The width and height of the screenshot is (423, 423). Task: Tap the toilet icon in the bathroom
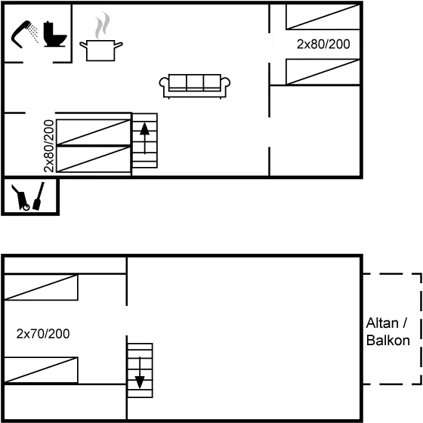(x=54, y=34)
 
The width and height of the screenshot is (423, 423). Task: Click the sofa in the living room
(x=195, y=86)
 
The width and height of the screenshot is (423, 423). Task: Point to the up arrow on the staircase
(x=144, y=138)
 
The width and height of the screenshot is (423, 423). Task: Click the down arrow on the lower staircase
(x=140, y=372)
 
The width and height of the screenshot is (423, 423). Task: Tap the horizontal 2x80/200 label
(x=323, y=45)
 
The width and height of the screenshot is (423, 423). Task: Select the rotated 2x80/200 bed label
(x=49, y=146)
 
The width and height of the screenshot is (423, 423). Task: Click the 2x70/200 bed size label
(x=43, y=334)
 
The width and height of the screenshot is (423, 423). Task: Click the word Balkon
(x=388, y=341)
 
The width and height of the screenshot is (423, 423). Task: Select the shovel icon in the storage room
(x=39, y=196)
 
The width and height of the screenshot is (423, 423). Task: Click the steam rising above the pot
(x=102, y=26)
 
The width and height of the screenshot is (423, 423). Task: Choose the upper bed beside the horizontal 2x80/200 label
(x=323, y=17)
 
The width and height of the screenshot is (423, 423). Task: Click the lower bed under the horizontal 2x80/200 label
(x=323, y=72)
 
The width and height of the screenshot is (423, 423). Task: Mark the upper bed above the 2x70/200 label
(x=41, y=287)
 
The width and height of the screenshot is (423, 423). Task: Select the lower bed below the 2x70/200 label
(x=41, y=370)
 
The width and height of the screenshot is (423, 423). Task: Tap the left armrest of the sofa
(x=163, y=82)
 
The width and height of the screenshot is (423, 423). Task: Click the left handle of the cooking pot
(x=83, y=45)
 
